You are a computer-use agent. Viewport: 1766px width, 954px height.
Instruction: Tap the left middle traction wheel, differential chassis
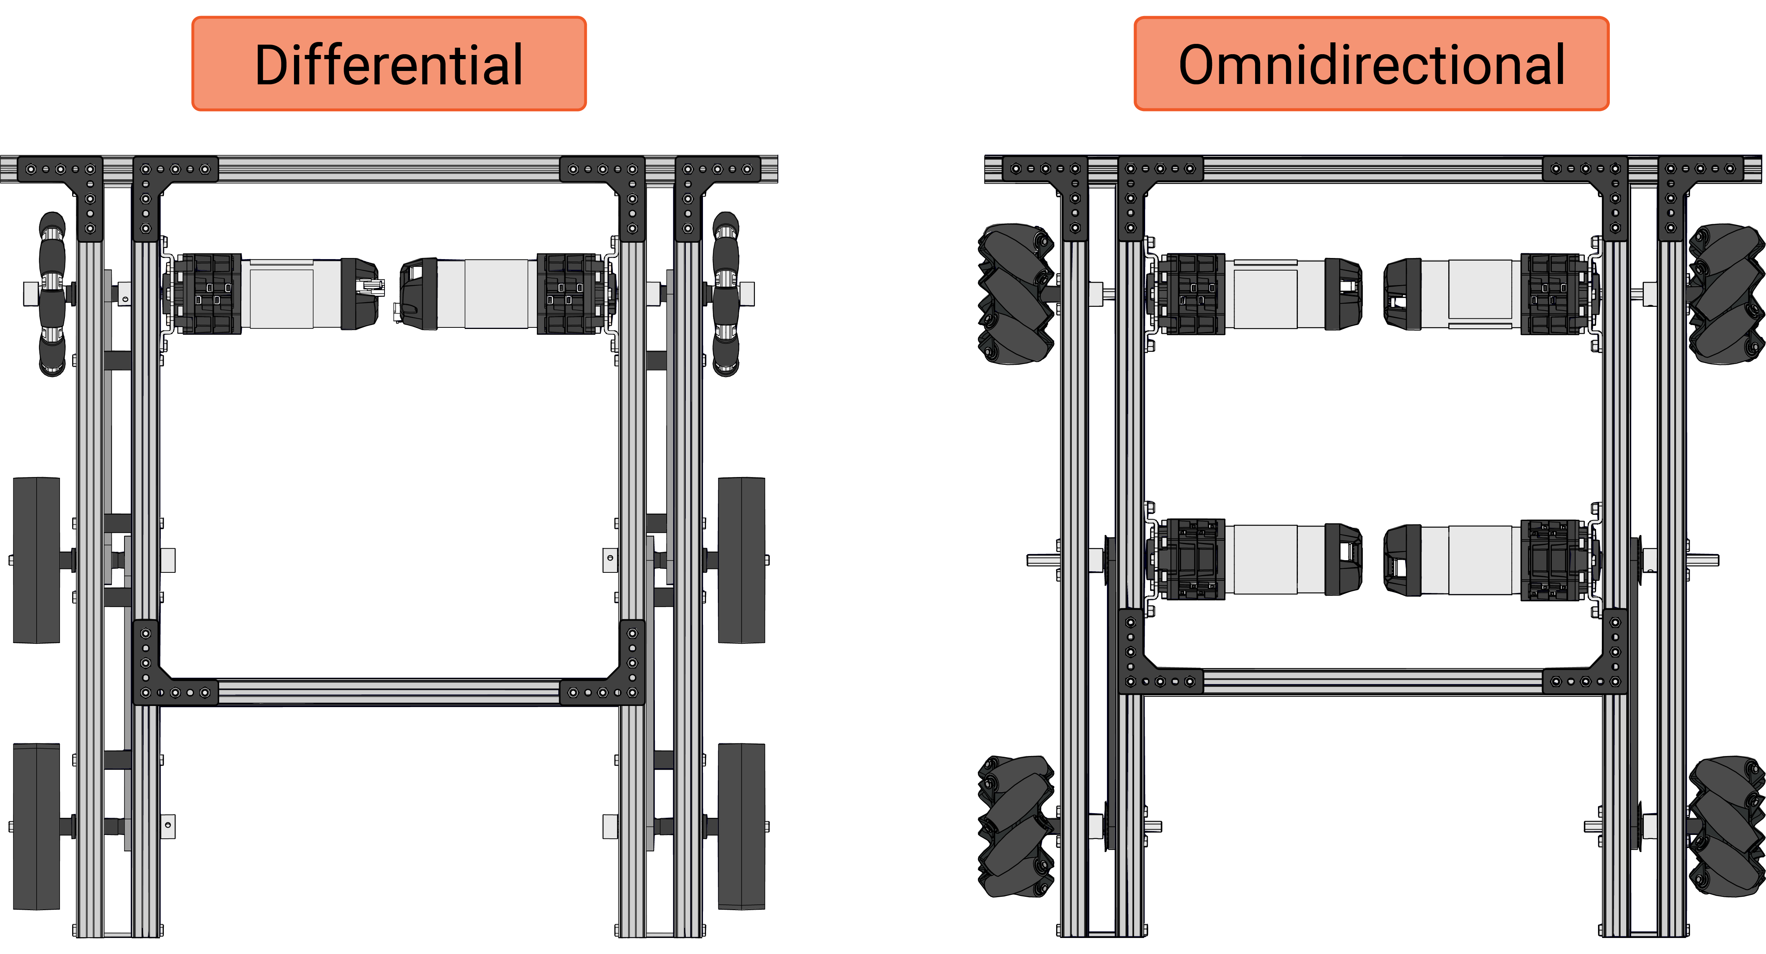click(36, 560)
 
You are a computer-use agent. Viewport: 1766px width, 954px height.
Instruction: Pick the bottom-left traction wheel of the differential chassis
click(36, 827)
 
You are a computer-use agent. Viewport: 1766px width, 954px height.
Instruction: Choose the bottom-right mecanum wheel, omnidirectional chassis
click(1726, 827)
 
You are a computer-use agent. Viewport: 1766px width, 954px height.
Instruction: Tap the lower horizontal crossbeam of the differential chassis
click(389, 692)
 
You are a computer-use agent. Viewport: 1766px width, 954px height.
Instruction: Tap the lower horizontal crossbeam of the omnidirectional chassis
click(1372, 682)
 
